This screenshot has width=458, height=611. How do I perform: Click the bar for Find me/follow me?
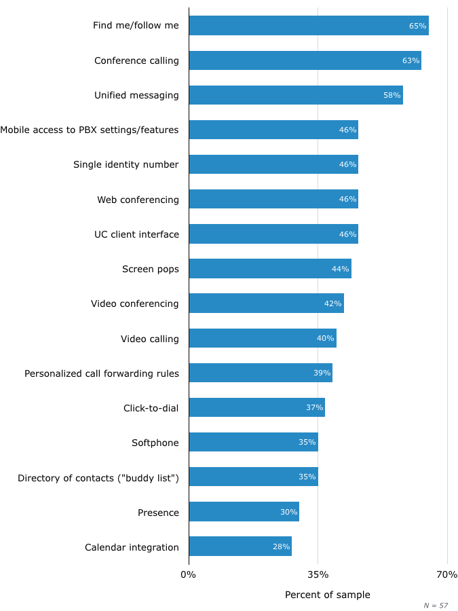[309, 26]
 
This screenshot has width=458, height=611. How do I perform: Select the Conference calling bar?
[305, 60]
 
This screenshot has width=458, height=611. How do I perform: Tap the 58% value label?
[392, 96]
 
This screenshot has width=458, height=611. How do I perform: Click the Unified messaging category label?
[136, 96]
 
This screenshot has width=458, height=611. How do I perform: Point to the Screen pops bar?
[270, 269]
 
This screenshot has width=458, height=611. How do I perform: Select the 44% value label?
[340, 269]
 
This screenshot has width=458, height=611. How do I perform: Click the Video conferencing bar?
[266, 303]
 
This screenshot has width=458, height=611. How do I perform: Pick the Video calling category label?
[150, 339]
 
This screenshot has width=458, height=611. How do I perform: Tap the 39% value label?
[322, 373]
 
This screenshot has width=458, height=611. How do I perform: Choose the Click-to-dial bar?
[256, 408]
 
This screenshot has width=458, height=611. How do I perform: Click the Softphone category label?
[155, 443]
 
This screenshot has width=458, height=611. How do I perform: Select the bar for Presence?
[244, 512]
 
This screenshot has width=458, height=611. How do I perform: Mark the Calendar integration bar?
[240, 547]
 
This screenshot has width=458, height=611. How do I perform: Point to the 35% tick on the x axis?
[318, 575]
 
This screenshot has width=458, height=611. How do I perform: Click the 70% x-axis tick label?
[446, 575]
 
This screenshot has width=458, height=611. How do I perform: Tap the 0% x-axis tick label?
[188, 575]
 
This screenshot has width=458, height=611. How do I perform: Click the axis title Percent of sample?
[327, 595]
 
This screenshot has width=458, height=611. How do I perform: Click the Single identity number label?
[126, 165]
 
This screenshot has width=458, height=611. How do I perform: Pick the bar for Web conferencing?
[273, 200]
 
